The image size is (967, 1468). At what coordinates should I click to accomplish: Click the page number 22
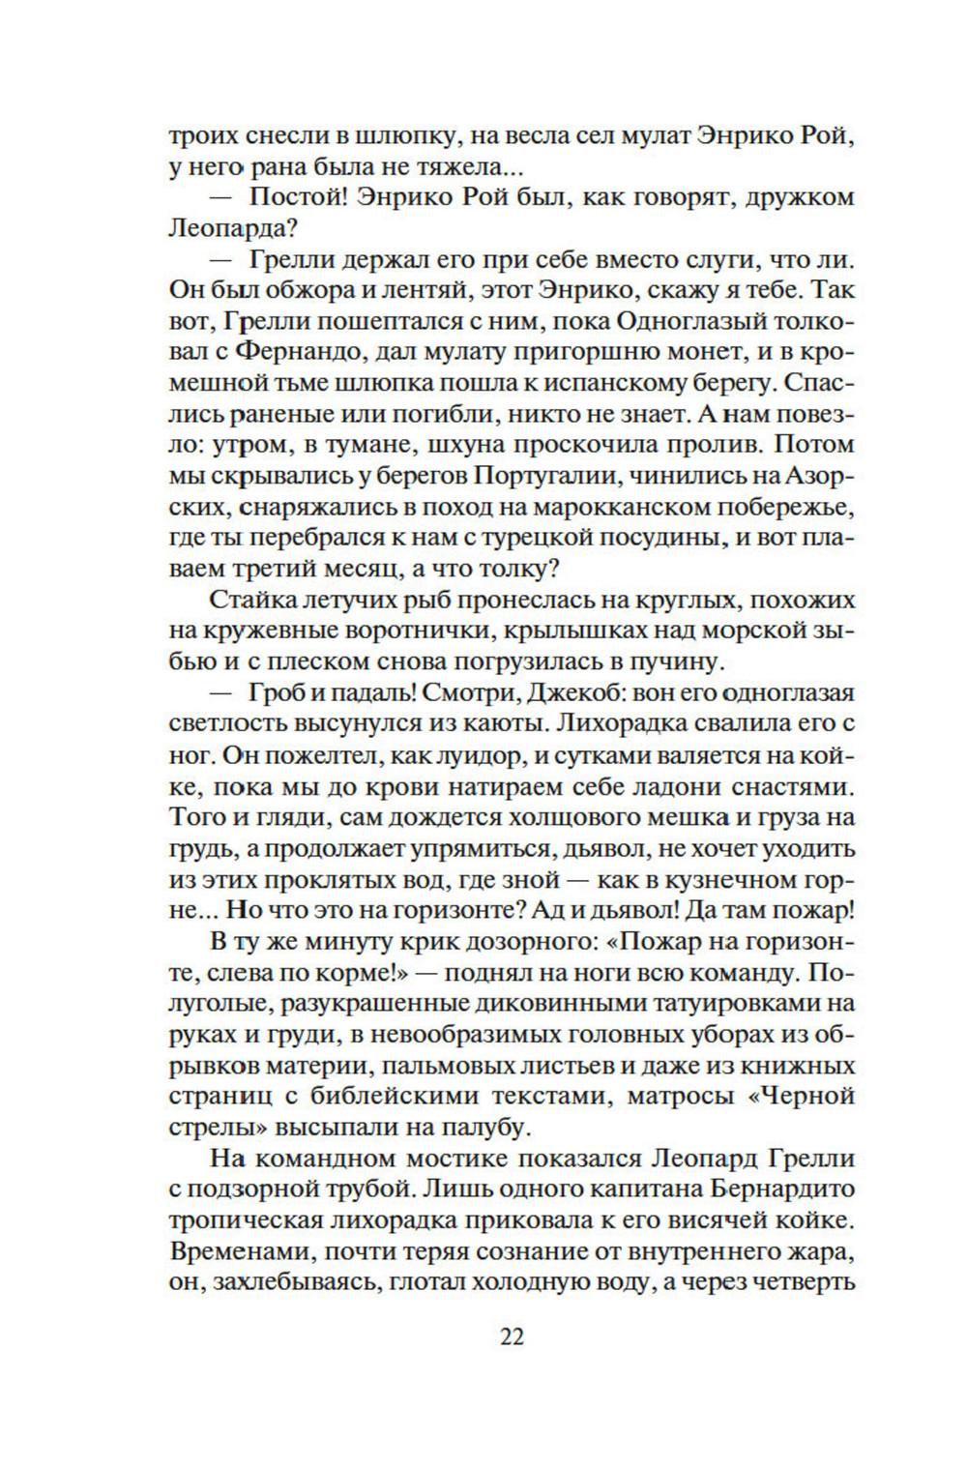[512, 1338]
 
